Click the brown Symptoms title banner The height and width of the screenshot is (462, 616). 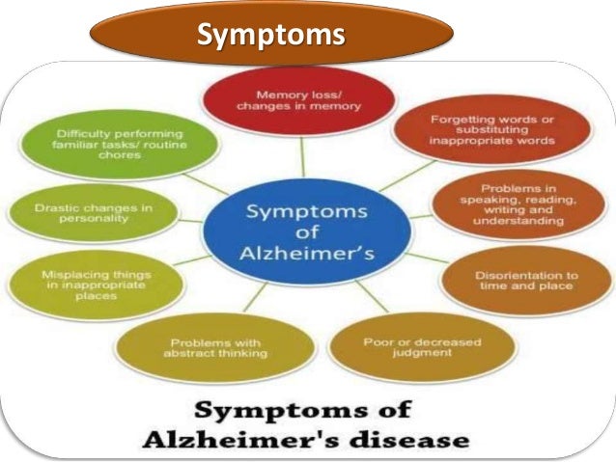tap(271, 36)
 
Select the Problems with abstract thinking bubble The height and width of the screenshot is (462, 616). tap(218, 347)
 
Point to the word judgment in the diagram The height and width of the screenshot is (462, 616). tap(418, 354)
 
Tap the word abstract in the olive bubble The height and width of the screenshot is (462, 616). tap(190, 354)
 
